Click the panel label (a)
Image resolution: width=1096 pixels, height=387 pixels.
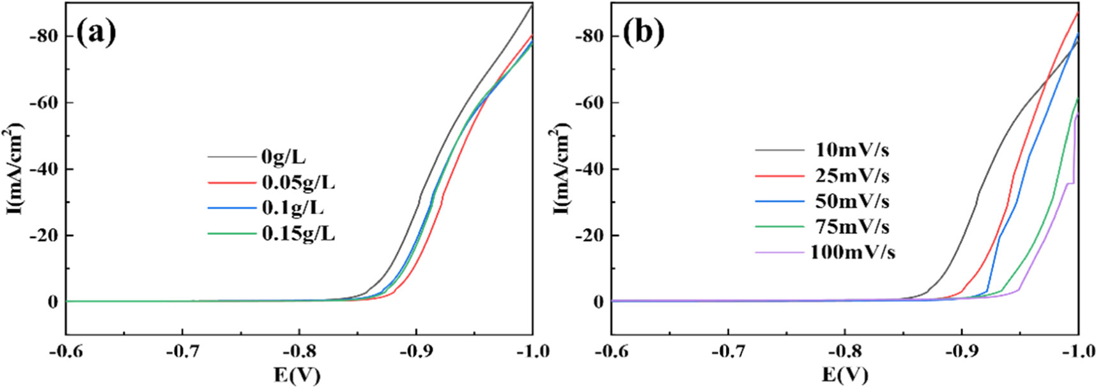pos(96,32)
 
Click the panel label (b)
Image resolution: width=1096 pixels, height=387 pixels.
pos(644,32)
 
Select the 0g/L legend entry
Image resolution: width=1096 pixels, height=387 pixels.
pos(283,157)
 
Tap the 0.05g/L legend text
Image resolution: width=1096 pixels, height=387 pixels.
pos(298,183)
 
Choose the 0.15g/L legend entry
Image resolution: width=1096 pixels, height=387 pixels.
pos(298,234)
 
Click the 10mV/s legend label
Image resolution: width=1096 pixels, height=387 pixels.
pos(852,150)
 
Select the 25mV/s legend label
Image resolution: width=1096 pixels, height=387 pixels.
pos(852,176)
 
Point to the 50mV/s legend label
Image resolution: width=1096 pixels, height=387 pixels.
pos(852,201)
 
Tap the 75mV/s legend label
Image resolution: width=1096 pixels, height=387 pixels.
pos(852,227)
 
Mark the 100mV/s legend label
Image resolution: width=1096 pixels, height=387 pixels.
pos(852,253)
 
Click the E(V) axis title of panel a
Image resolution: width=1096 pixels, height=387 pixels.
pos(297,375)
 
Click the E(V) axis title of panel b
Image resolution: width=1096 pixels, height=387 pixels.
pos(844,375)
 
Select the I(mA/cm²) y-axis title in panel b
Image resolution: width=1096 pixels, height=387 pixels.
pos(560,170)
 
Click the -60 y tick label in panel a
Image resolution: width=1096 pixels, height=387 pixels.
pos(43,103)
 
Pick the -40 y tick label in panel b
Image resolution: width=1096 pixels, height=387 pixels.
pos(589,170)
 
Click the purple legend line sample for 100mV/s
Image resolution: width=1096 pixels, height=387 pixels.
pos(779,253)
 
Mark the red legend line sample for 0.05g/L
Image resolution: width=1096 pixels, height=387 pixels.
pos(231,183)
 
